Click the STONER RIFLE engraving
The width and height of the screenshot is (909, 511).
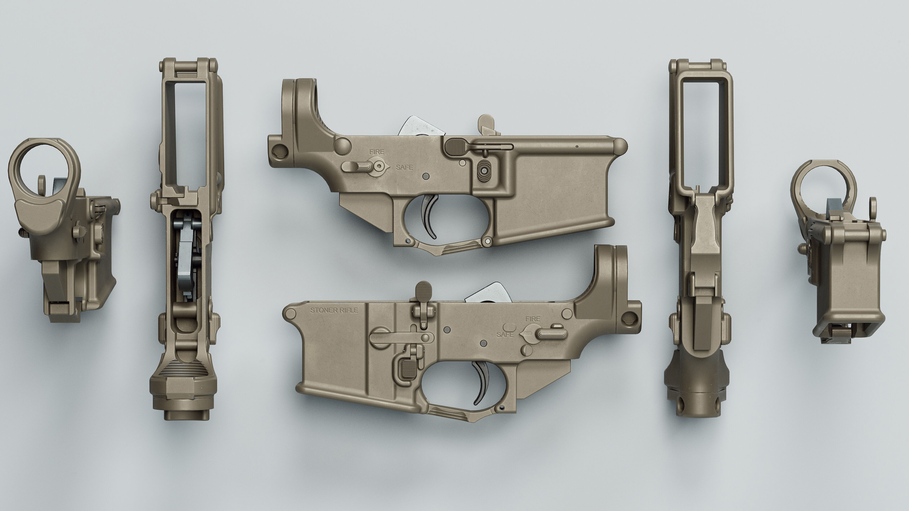[334, 310]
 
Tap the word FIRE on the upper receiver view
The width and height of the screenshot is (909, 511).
[377, 152]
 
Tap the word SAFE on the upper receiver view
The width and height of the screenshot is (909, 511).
[404, 167]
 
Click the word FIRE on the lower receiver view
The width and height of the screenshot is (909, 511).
[532, 319]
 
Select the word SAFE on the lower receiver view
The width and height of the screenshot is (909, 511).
[505, 334]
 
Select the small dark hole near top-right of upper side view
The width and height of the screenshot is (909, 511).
[577, 146]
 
